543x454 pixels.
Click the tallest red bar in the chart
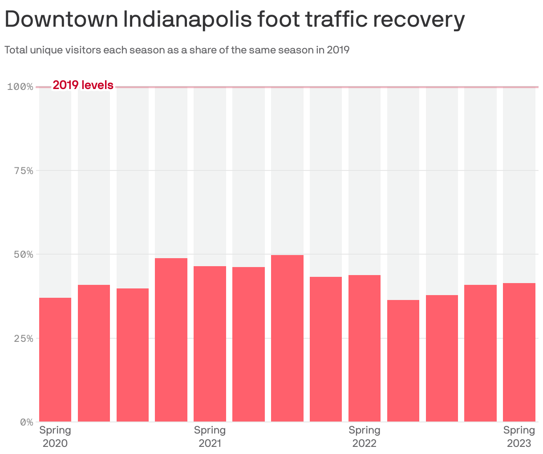[287, 338]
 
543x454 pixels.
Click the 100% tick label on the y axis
[20, 86]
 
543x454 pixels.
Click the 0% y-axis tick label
[26, 422]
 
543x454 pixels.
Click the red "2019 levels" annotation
[83, 85]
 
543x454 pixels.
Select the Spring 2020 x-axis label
[55, 437]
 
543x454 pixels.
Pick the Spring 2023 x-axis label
[519, 437]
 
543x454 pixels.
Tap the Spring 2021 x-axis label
[210, 437]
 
